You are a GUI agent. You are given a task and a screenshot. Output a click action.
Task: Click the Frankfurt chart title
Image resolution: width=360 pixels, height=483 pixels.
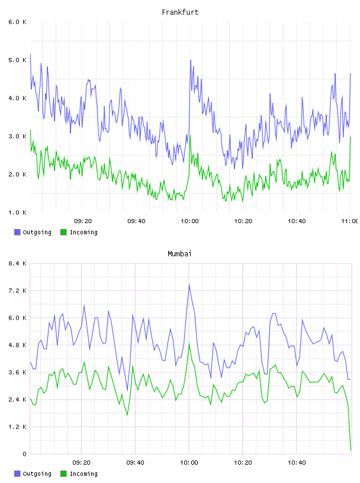180,12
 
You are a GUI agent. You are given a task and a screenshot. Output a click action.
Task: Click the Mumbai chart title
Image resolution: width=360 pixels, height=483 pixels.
179,253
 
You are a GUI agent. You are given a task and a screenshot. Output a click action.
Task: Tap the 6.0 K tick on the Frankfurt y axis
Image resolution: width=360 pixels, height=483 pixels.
17,22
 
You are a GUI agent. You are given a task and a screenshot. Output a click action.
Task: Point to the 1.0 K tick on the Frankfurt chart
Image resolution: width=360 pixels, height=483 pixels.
17,212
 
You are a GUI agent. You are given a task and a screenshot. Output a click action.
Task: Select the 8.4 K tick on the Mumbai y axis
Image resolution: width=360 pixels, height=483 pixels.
17,263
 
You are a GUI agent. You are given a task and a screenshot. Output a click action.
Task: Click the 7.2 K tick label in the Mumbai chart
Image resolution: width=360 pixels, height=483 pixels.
17,291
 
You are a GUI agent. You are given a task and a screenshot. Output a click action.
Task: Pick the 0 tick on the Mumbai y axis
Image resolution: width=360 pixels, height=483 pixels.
24,454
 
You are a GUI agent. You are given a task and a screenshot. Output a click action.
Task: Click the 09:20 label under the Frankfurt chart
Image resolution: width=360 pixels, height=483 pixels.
83,221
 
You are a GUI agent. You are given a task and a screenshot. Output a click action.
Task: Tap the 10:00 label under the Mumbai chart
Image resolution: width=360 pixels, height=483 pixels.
189,462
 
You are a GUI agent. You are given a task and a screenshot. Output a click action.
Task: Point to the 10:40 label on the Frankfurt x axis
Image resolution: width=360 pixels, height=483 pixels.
297,221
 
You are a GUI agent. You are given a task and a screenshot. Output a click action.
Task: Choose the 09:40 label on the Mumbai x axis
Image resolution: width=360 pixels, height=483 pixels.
135,462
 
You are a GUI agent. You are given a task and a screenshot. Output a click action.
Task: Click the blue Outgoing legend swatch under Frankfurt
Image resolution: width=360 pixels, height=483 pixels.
17,232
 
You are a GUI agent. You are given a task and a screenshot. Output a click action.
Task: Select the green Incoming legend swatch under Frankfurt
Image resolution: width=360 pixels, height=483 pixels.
63,232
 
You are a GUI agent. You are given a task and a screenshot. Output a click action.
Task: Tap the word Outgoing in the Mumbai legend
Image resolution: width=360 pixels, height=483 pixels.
37,474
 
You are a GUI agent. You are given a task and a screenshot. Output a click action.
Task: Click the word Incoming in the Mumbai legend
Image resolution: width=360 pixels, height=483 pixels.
83,474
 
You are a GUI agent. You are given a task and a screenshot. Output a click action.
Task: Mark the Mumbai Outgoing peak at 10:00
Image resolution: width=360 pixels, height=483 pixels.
189,284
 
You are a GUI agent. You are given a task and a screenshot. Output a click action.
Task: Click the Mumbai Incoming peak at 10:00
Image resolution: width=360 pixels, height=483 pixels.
189,343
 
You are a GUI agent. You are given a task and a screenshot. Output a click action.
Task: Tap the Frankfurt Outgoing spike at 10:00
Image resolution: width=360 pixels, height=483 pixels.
191,60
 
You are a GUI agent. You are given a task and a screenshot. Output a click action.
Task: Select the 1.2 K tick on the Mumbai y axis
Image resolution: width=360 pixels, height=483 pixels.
17,427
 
